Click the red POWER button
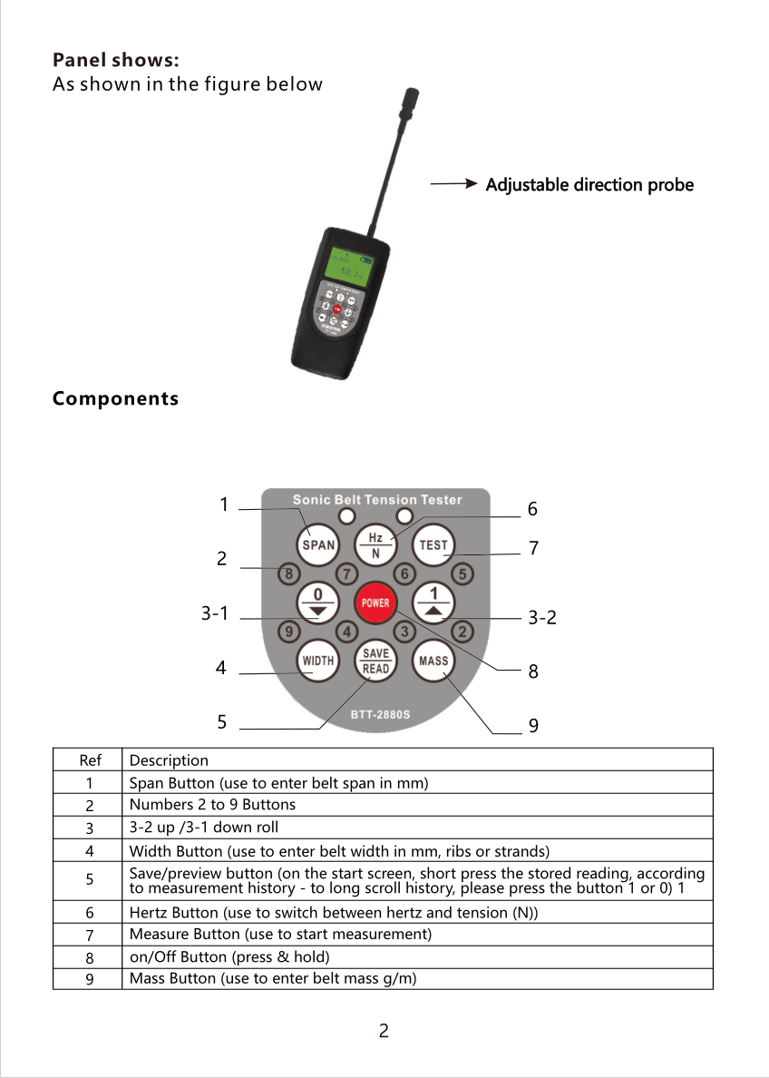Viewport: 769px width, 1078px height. [375, 603]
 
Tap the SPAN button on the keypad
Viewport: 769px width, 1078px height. [317, 545]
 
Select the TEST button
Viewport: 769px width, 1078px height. [433, 545]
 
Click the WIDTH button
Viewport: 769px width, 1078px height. [317, 661]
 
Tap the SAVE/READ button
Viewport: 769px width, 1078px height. [375, 661]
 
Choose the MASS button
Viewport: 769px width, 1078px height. [433, 661]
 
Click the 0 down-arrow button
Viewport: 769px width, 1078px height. [317, 603]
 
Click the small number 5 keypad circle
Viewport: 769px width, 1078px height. [462, 573]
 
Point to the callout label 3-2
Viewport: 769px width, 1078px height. [541, 618]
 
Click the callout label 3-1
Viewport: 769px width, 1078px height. [214, 614]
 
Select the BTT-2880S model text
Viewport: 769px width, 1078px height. [381, 714]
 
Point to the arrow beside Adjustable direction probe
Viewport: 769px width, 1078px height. [454, 184]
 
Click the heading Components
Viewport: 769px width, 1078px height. [115, 398]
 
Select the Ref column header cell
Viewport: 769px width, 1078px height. [90, 760]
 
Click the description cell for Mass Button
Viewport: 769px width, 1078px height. [417, 978]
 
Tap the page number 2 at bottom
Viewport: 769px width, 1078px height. [384, 1031]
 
